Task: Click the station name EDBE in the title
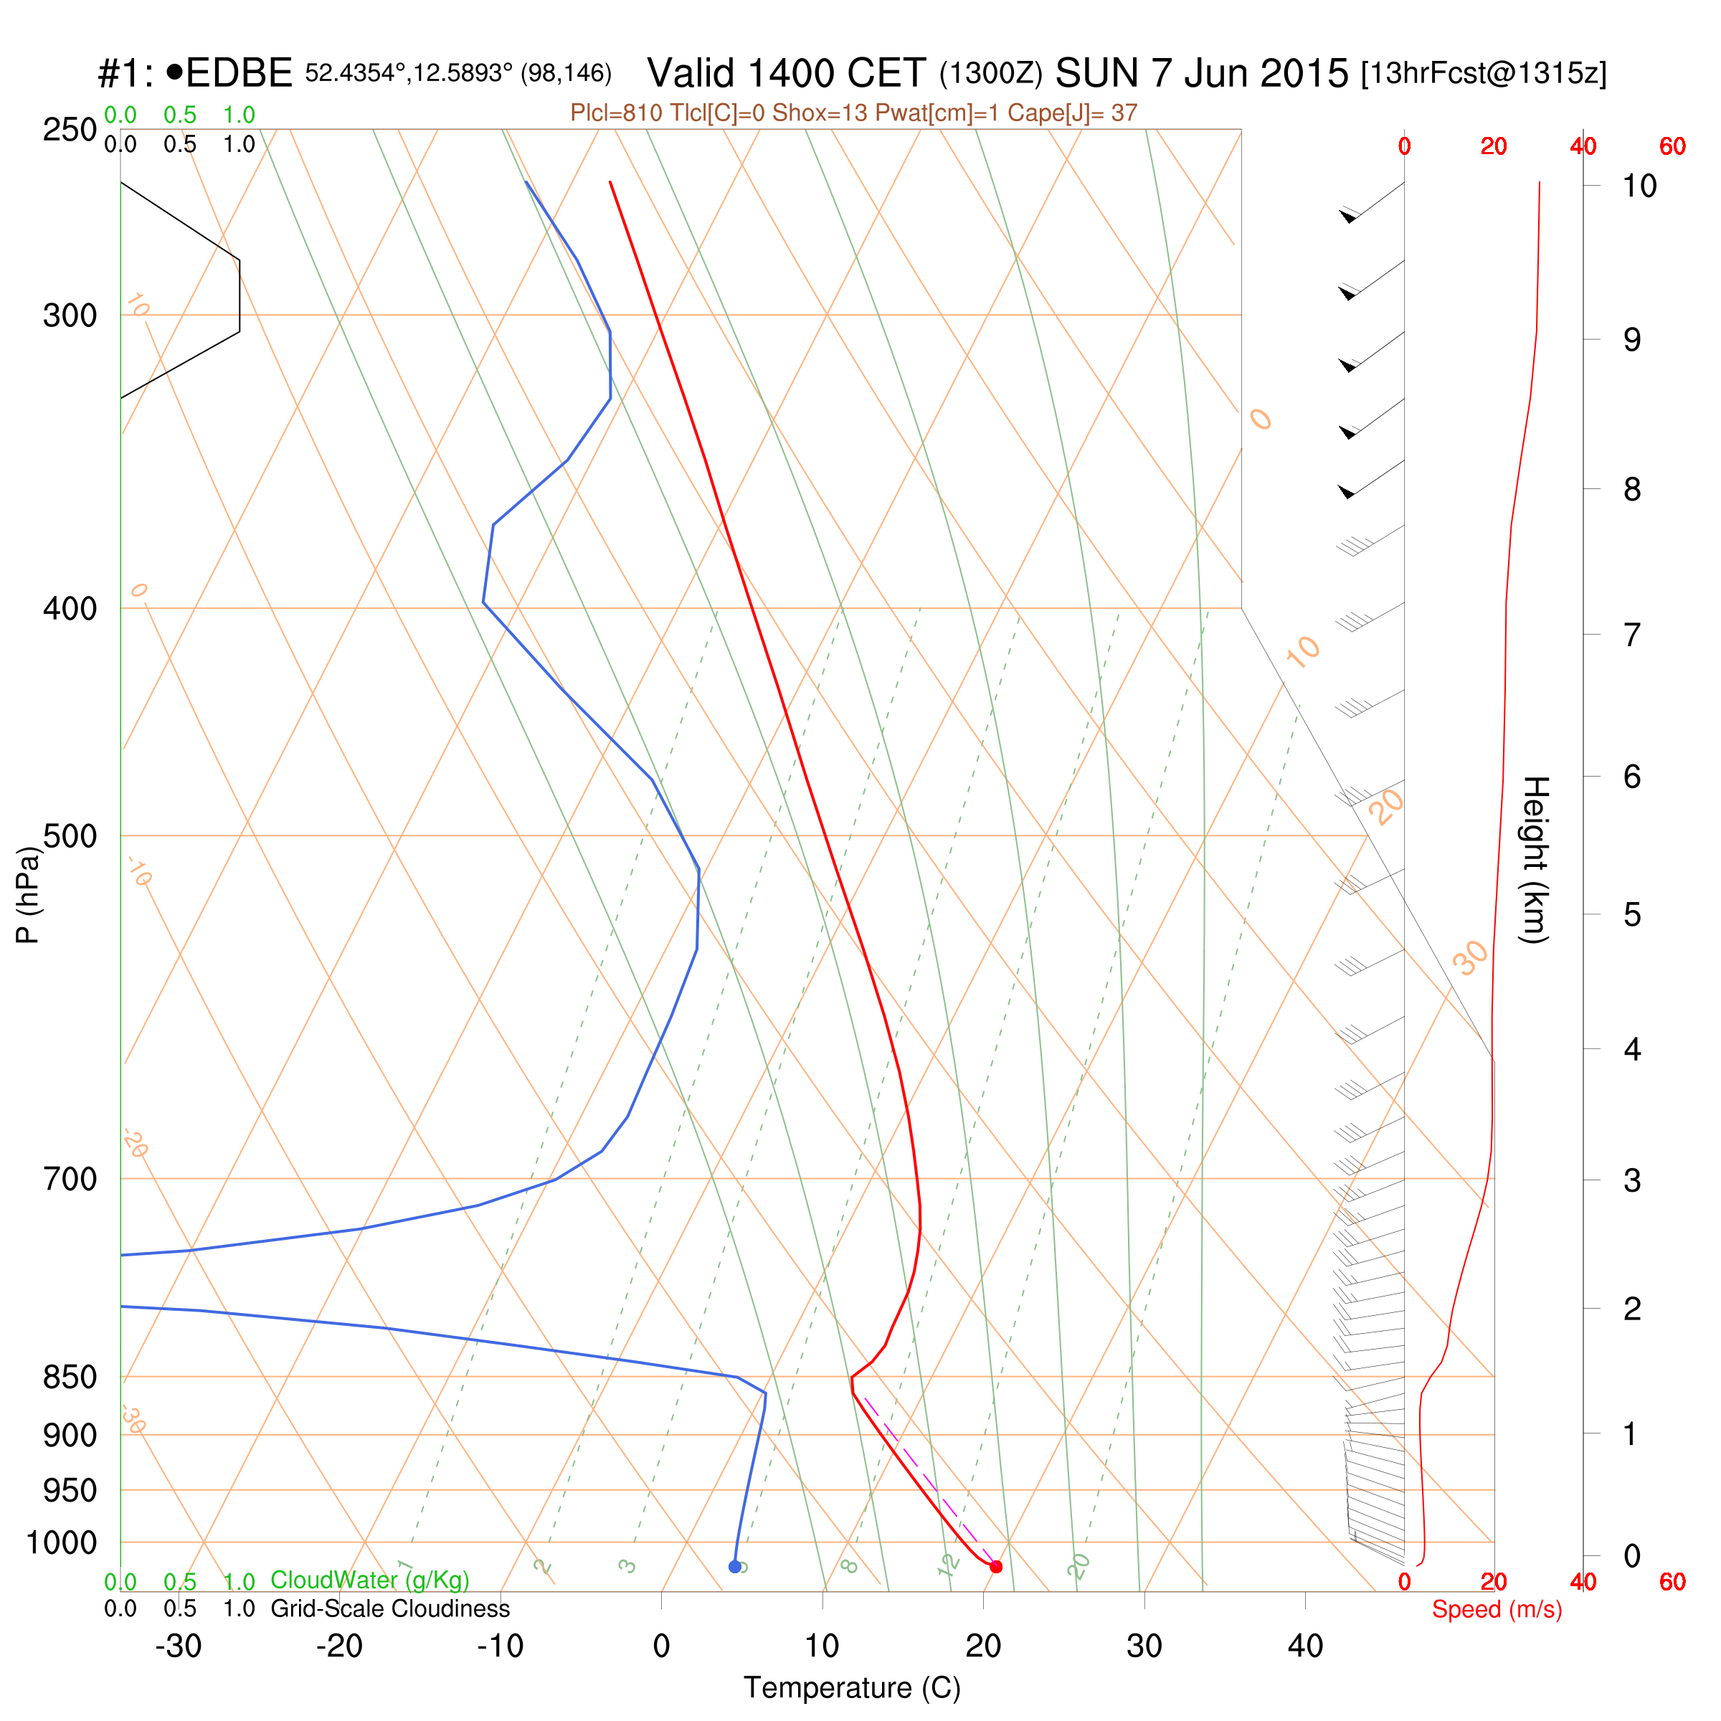tap(239, 73)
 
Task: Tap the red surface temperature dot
tap(996, 1567)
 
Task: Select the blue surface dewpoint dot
tap(735, 1567)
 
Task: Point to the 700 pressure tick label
tap(70, 1180)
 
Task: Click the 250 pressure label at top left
tap(70, 130)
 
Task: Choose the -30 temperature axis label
tap(178, 1646)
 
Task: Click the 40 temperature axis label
tap(1305, 1646)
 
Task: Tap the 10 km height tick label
tap(1639, 186)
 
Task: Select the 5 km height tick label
tap(1632, 915)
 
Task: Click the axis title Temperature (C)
tap(852, 1688)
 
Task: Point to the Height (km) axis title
tap(1535, 860)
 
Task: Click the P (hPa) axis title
tap(29, 894)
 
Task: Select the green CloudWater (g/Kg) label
tap(370, 1580)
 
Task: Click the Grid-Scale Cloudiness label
tap(390, 1608)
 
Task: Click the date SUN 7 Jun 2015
tap(1202, 73)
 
